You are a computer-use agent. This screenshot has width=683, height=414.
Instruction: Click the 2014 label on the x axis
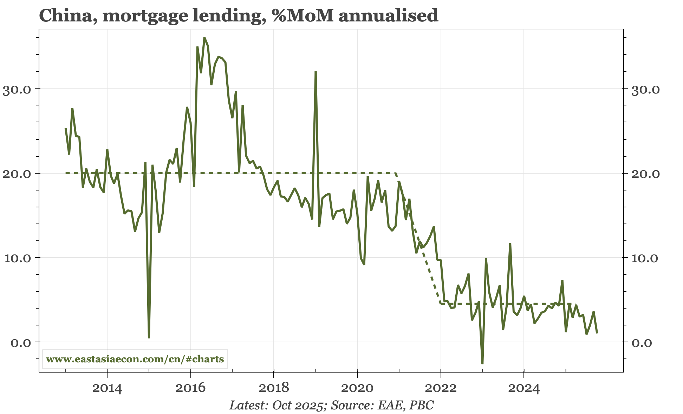107,388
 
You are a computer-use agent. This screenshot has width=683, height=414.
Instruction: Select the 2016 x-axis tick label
190,388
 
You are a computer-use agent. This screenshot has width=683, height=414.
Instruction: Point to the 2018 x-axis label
274,388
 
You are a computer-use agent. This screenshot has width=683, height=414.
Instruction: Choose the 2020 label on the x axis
357,388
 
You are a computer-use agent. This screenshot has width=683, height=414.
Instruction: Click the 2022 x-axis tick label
441,388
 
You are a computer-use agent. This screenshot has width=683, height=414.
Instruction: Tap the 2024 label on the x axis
524,388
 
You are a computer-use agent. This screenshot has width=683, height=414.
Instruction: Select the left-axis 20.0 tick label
17,174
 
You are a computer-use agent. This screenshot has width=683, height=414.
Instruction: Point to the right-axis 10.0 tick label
645,258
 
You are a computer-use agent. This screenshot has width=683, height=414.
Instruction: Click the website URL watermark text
135,359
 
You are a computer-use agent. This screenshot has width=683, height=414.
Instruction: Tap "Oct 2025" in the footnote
297,406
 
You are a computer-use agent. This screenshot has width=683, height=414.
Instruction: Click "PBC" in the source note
423,406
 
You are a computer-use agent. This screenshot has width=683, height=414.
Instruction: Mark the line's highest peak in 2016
204,38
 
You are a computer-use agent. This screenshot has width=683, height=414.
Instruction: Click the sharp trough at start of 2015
149,338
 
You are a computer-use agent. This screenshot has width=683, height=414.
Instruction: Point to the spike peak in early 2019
316,72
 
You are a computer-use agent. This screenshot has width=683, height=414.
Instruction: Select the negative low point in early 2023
482,363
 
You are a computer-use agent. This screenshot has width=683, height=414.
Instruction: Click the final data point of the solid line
597,332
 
